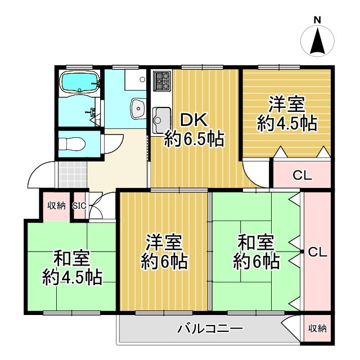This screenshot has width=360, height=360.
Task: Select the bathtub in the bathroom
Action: [x=79, y=83]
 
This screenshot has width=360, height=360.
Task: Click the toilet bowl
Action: [x=72, y=143]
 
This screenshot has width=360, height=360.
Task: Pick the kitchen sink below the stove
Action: [x=161, y=118]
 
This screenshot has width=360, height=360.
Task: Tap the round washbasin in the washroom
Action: [x=137, y=105]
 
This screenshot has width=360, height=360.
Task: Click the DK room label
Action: [x=193, y=120]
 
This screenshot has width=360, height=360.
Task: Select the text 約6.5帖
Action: [x=194, y=139]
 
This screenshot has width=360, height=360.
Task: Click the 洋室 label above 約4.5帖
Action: [x=286, y=105]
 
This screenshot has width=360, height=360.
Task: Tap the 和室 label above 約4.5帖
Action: [x=72, y=259]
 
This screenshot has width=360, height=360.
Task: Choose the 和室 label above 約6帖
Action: [x=256, y=243]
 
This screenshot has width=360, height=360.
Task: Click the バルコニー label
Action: [x=210, y=328]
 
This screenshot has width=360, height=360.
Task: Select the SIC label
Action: [x=79, y=206]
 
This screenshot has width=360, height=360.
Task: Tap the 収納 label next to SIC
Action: [x=56, y=205]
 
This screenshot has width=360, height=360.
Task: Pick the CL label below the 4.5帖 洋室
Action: [x=302, y=175]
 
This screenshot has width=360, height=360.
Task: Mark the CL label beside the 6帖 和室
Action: [x=317, y=252]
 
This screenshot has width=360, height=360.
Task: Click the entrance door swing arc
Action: [x=39, y=175]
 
